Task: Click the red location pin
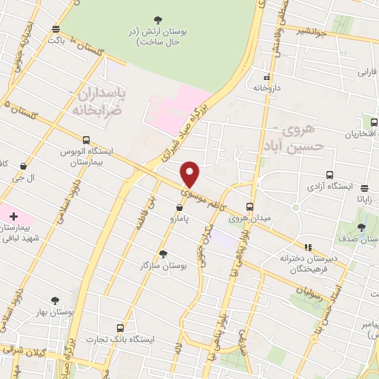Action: point(190,174)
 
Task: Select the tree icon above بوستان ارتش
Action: point(157,20)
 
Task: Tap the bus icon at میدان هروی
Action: point(249,207)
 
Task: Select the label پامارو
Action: point(178,219)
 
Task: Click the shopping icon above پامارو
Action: point(180,207)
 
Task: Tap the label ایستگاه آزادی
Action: point(327,178)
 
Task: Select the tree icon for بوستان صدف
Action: point(361,227)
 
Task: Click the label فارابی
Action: point(368,73)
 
